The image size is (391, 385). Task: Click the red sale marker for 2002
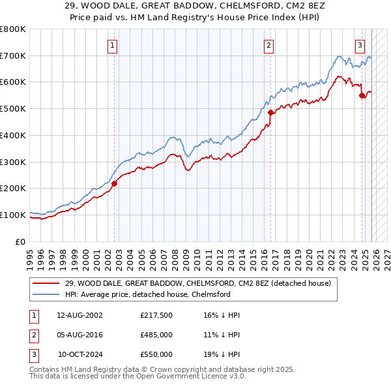click(x=113, y=183)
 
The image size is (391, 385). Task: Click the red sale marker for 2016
click(x=270, y=112)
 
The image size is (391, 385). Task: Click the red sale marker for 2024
click(x=362, y=95)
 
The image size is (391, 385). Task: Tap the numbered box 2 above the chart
click(x=268, y=45)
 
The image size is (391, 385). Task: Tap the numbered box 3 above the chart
click(x=360, y=45)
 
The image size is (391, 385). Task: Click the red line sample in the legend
click(x=47, y=283)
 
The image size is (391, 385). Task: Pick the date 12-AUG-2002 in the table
click(x=81, y=315)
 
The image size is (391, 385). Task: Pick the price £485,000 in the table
click(x=156, y=335)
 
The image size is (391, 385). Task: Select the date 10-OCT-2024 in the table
click(x=81, y=354)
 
